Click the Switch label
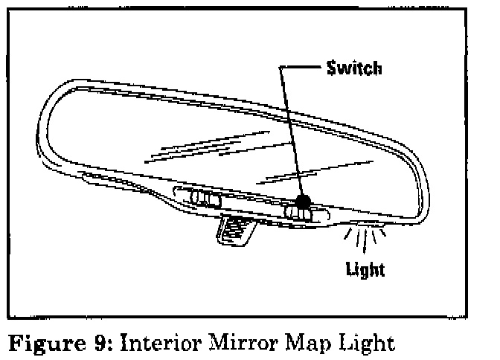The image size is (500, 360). click(x=354, y=68)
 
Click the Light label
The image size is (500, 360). click(x=365, y=270)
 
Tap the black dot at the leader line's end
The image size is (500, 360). click(x=303, y=201)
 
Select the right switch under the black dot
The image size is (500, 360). click(x=300, y=214)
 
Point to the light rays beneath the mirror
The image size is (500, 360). click(x=364, y=239)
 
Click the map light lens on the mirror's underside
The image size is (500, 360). click(x=365, y=224)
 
